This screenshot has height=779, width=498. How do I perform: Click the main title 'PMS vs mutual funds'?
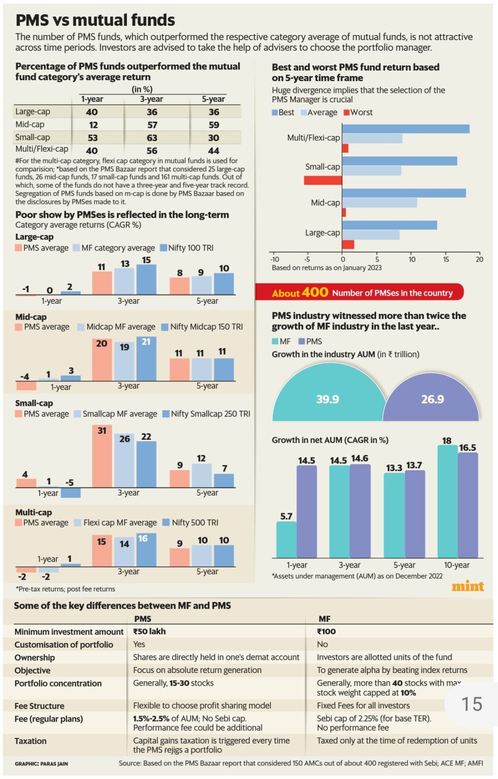(x=95, y=20)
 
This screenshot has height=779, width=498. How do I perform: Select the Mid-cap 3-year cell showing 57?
(x=152, y=125)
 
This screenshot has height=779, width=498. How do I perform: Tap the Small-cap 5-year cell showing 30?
(x=214, y=138)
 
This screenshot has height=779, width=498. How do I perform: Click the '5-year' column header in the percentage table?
(x=214, y=99)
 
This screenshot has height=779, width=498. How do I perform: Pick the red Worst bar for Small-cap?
(x=323, y=180)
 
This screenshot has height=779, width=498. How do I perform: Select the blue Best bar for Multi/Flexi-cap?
(x=406, y=129)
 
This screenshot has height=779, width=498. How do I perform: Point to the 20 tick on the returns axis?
(x=479, y=259)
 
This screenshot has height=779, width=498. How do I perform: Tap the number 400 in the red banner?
(x=315, y=292)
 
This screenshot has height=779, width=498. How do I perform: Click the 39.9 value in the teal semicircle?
(x=327, y=399)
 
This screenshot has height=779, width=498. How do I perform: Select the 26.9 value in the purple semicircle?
(x=433, y=399)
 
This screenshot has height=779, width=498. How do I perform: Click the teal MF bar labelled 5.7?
(x=286, y=540)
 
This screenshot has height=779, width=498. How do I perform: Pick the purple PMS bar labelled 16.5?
(x=468, y=505)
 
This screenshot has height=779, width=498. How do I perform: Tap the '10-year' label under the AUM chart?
(x=457, y=565)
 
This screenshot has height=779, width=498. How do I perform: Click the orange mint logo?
(x=468, y=586)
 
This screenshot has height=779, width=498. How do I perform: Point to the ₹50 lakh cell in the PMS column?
(x=150, y=631)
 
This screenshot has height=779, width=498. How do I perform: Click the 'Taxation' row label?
(x=30, y=741)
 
